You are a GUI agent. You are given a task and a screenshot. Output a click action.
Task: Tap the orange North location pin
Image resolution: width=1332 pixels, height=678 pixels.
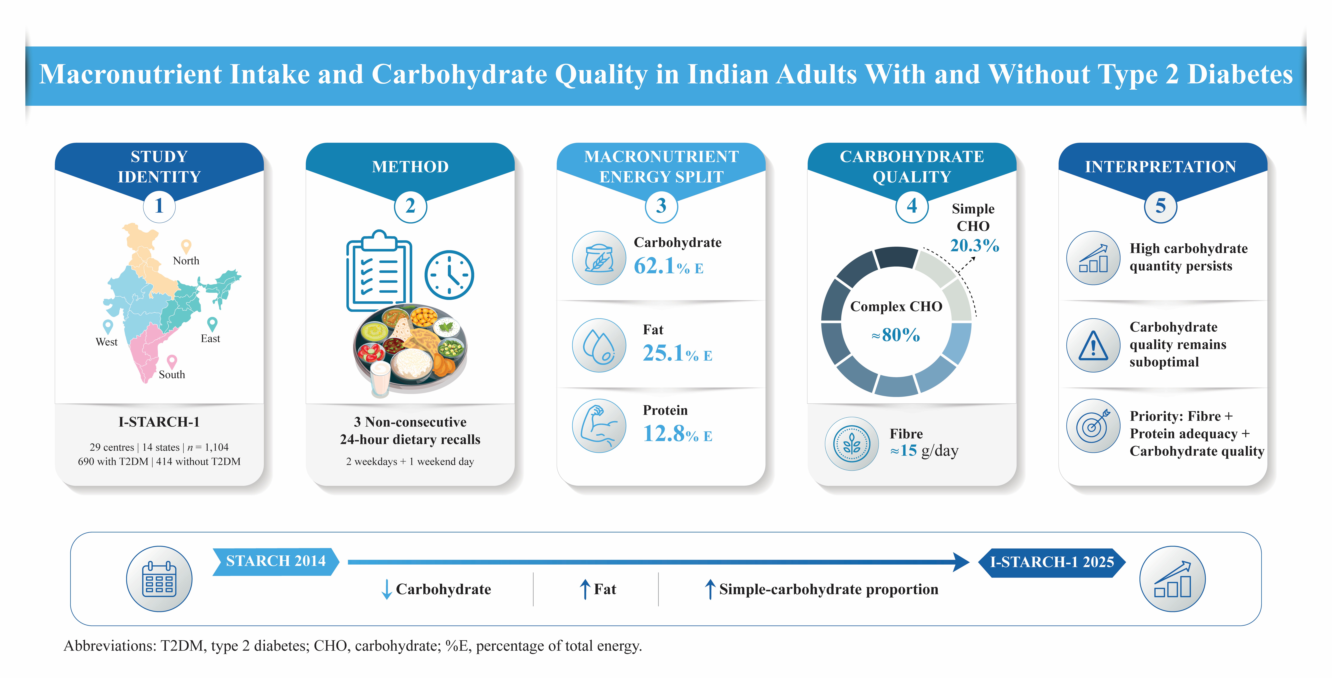[x=186, y=246]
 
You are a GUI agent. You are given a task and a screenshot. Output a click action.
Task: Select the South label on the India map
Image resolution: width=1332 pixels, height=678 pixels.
[x=172, y=374]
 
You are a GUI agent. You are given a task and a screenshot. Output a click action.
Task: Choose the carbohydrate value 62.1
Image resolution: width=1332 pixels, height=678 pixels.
[x=655, y=266]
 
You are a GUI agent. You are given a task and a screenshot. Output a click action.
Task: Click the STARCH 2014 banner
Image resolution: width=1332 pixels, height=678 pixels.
[x=276, y=561]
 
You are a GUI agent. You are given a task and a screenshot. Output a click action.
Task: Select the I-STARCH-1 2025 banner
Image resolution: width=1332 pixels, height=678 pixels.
[x=1052, y=562]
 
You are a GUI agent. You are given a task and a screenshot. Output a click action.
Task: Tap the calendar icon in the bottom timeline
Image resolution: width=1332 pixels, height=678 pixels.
[x=159, y=579]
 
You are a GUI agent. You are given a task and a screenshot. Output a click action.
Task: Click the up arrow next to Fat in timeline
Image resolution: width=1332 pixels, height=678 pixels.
[x=585, y=589]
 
